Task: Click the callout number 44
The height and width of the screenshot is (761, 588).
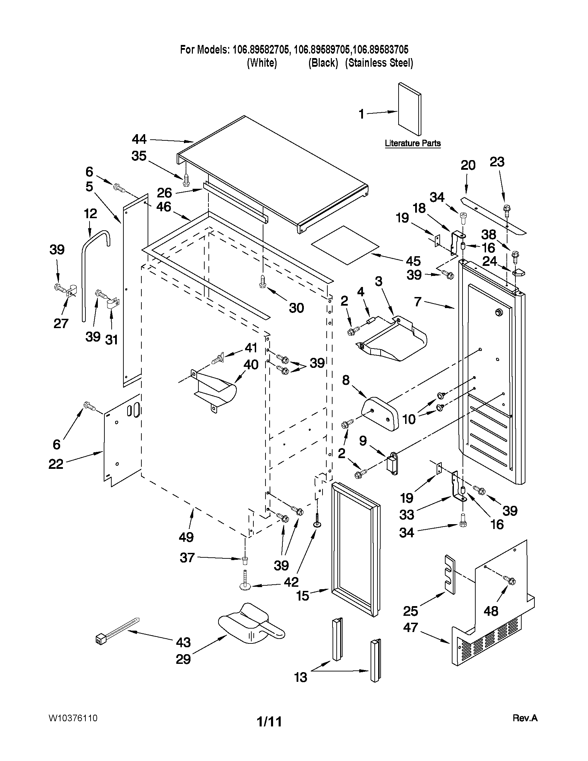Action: pos(139,139)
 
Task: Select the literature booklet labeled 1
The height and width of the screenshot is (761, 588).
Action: pos(409,109)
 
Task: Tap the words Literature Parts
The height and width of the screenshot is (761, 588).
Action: pos(412,143)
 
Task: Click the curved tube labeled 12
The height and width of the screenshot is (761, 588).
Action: pos(91,258)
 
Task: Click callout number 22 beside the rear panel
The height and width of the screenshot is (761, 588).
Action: pos(56,464)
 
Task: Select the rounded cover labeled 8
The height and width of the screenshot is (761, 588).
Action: pos(380,414)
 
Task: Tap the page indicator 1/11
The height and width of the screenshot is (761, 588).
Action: pos(269,721)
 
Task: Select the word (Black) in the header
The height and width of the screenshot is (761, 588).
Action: pos(323,63)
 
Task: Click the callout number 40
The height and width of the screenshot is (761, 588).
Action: pos(251,365)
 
